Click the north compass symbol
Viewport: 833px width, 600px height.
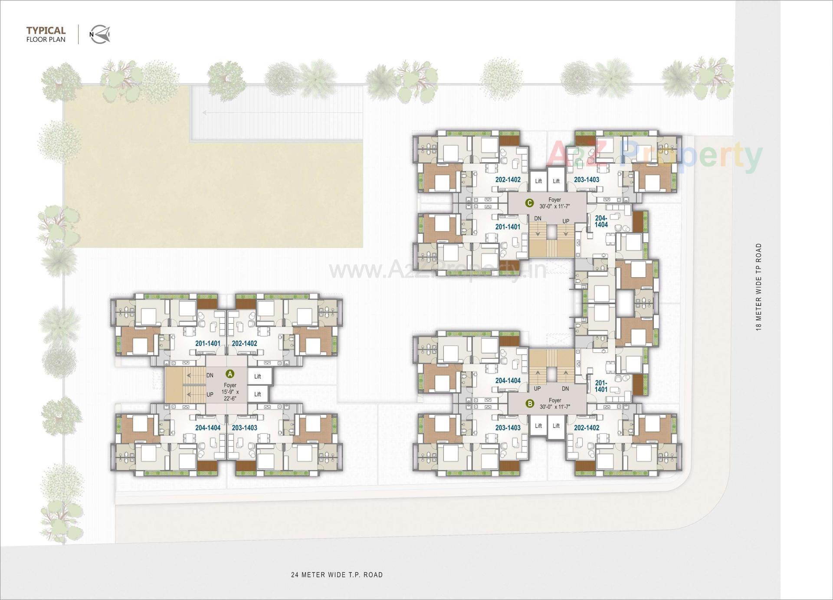coord(100,34)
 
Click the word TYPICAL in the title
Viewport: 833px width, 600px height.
coord(46,30)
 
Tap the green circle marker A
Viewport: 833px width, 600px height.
coord(230,374)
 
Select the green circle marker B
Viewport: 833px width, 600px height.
coord(529,403)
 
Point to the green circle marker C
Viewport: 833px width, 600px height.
coord(529,203)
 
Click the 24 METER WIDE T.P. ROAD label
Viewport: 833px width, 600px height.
coord(337,574)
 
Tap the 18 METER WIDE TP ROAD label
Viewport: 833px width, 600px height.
coord(758,287)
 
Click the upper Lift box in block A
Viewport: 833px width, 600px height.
coord(258,377)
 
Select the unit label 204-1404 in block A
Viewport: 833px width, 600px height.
coord(208,427)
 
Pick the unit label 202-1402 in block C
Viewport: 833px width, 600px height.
coord(508,179)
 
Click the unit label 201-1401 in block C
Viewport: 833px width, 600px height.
coord(508,226)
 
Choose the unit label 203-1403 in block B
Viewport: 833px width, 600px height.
coord(508,427)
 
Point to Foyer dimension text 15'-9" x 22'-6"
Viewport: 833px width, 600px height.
coord(230,395)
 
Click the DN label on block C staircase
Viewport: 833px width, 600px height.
coord(538,218)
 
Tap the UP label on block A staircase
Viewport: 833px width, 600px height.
coord(210,394)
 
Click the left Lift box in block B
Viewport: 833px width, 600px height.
coord(538,426)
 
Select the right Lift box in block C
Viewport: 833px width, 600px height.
coord(556,181)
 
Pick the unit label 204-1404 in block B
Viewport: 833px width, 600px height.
coord(508,380)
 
